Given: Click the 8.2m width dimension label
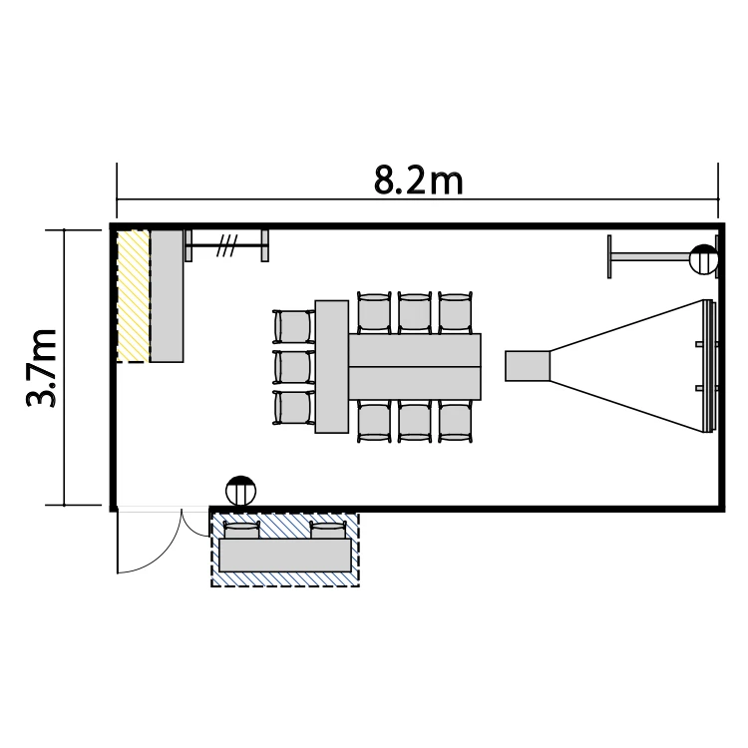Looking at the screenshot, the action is [418, 181].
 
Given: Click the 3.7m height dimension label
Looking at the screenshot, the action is [42, 368].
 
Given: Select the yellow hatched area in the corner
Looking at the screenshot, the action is [134, 296].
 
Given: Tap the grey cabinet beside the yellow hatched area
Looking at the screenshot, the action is [167, 296].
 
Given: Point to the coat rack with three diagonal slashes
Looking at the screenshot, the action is [226, 245].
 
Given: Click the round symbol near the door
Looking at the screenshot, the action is [241, 491].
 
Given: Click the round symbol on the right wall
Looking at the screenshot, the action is [704, 259].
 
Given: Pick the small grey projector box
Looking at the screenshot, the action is [528, 366].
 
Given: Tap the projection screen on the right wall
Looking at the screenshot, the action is [709, 366].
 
